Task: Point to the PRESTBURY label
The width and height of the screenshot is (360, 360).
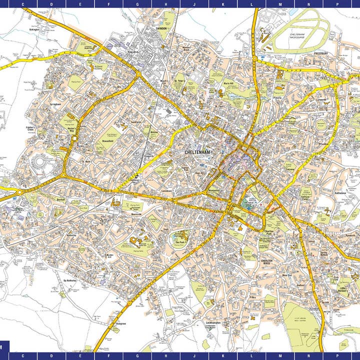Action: click(320, 52)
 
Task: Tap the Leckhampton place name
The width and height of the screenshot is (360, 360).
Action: click(213, 323)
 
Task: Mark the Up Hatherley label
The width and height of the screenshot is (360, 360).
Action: click(69, 280)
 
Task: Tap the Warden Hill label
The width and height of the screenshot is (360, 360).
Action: click(110, 256)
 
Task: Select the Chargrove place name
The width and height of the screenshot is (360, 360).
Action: click(120, 323)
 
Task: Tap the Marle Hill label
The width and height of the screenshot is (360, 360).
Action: click(228, 84)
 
